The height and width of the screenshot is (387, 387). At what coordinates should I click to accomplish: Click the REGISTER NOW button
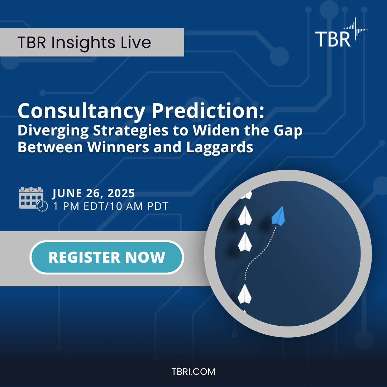(x=106, y=257)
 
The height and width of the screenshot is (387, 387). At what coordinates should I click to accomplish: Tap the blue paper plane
(x=278, y=216)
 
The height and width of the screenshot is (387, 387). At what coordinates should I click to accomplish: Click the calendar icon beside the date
(x=30, y=197)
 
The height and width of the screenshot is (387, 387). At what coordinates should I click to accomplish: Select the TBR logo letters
(x=333, y=39)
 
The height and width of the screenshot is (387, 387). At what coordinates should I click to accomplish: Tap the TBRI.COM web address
(x=193, y=372)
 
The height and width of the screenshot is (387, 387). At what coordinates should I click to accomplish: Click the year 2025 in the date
(x=120, y=193)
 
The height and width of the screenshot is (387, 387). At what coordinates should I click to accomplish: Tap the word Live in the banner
(x=136, y=43)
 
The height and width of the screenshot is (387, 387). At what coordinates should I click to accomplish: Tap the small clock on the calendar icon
(x=42, y=206)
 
